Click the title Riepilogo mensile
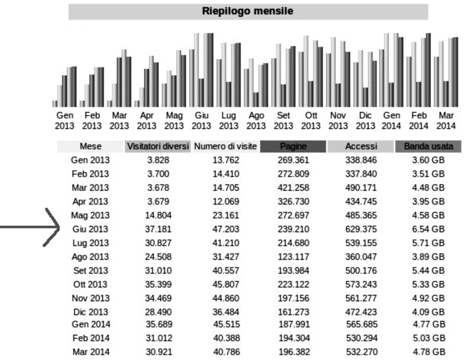248,11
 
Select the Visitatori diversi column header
158,146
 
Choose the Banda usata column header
428,146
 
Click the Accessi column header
361,146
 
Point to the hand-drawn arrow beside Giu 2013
30,228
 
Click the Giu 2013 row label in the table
90,229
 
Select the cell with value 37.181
158,229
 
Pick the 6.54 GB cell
428,229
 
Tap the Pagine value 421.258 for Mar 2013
294,188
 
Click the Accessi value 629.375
361,229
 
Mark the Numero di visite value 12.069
226,201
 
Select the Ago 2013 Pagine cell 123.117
294,256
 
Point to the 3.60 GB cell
428,160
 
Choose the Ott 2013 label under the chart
311,121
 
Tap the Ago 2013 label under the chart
256,121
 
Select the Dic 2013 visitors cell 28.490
158,311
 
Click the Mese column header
90,146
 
